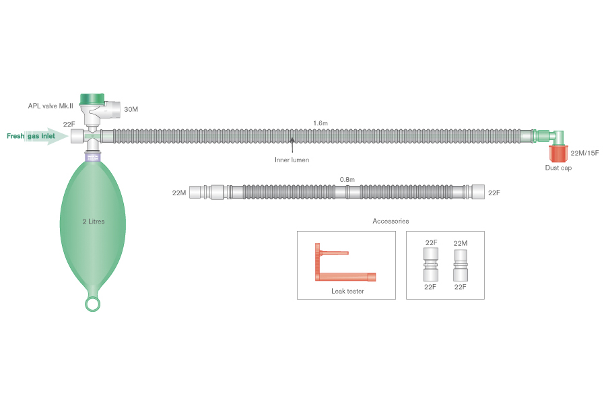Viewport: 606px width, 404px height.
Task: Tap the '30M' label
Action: (x=132, y=108)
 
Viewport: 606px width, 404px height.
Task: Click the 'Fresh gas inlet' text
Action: (x=31, y=136)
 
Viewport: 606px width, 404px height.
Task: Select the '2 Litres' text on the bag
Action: (x=92, y=221)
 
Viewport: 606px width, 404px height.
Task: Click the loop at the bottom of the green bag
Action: (x=93, y=304)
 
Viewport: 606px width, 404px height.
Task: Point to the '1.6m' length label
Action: (x=321, y=123)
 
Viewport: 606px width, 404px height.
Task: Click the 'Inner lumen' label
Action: (x=292, y=160)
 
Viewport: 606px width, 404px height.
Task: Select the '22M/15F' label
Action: (x=584, y=153)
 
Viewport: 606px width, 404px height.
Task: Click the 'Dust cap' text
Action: (x=558, y=168)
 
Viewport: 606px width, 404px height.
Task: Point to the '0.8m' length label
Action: (x=347, y=180)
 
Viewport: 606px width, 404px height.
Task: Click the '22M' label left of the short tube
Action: (x=179, y=193)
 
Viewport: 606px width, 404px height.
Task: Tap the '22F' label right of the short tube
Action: (x=494, y=193)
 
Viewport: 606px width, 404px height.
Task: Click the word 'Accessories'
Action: (x=391, y=221)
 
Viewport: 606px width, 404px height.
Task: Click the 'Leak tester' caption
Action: (x=347, y=291)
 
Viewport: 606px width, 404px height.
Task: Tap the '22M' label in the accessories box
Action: (x=461, y=242)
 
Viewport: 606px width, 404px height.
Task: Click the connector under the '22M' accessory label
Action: (x=461, y=265)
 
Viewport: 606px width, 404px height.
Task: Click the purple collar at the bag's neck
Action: (x=92, y=156)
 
